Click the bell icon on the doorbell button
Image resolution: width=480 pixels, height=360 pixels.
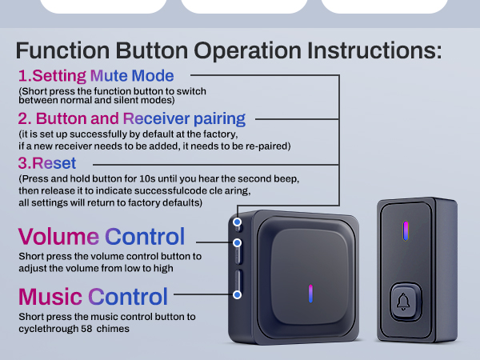(404, 302)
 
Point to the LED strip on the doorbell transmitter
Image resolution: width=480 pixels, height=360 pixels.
(405, 230)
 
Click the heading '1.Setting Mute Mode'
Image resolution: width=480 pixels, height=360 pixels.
(96, 77)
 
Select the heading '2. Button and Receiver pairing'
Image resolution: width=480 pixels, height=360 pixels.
(131, 120)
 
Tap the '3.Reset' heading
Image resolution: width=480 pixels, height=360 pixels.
(47, 164)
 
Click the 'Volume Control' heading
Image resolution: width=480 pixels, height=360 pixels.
(102, 237)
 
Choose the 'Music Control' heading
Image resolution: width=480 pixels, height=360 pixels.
(93, 297)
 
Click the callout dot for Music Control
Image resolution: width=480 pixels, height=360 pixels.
(237, 294)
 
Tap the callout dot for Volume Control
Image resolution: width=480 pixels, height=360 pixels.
(237, 242)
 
